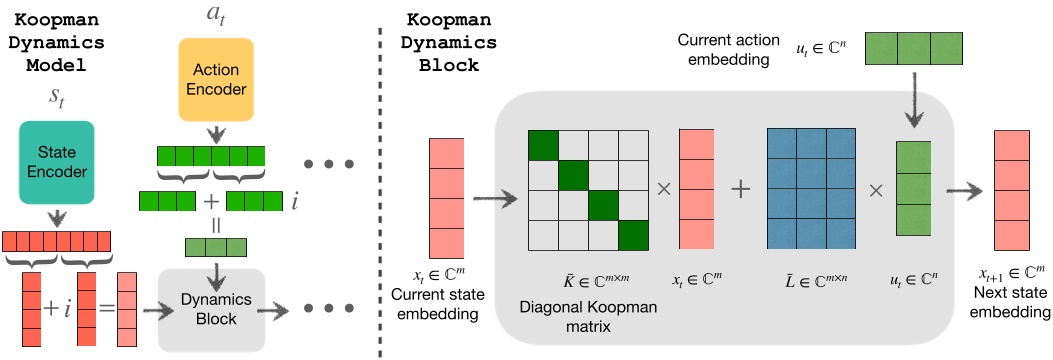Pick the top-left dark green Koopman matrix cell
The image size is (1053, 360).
point(542,145)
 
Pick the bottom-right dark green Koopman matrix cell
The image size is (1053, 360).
point(634,235)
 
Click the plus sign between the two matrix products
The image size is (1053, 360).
point(741,190)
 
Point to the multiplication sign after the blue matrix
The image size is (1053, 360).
point(876,190)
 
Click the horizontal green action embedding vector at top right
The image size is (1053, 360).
point(913,48)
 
